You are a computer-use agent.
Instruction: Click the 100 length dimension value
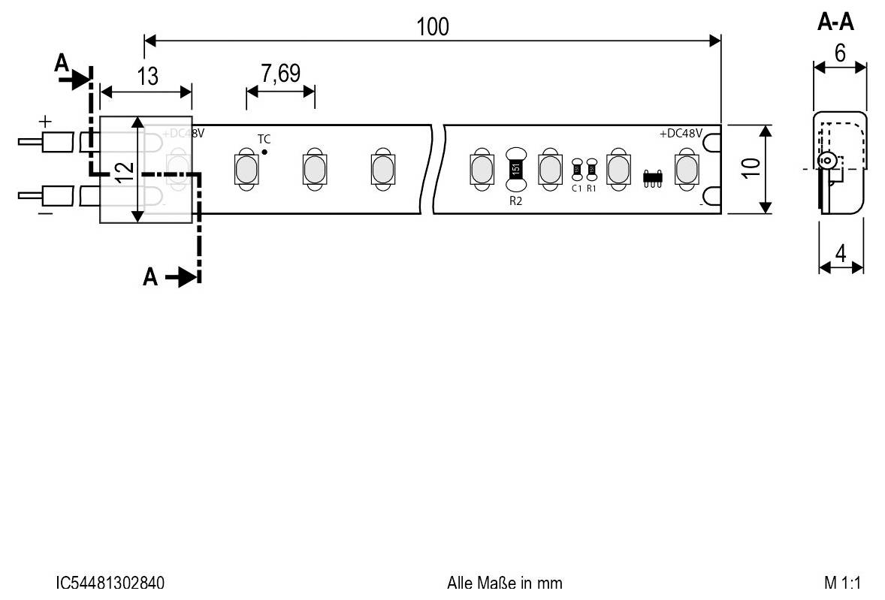pos(433,26)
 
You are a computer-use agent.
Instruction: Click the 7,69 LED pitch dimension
pos(280,74)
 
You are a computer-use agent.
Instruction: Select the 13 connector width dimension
pos(148,76)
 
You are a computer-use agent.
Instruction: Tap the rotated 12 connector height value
pos(125,171)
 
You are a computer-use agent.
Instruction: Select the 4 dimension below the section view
pos(841,254)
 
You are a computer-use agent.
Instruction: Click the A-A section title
pos(835,23)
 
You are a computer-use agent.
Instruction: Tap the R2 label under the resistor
pos(515,201)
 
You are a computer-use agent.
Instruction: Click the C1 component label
pos(576,188)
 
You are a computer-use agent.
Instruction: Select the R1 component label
pos(591,188)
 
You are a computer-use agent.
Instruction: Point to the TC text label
pos(264,140)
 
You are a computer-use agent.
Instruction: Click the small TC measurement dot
pos(265,152)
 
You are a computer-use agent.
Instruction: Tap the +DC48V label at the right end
pos(681,134)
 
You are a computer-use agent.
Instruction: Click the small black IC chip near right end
pos(652,178)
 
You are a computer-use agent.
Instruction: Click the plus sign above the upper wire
pos(46,120)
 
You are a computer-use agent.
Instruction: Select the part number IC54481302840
pos(110,583)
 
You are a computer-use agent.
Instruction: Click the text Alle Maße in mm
pos(504,583)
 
